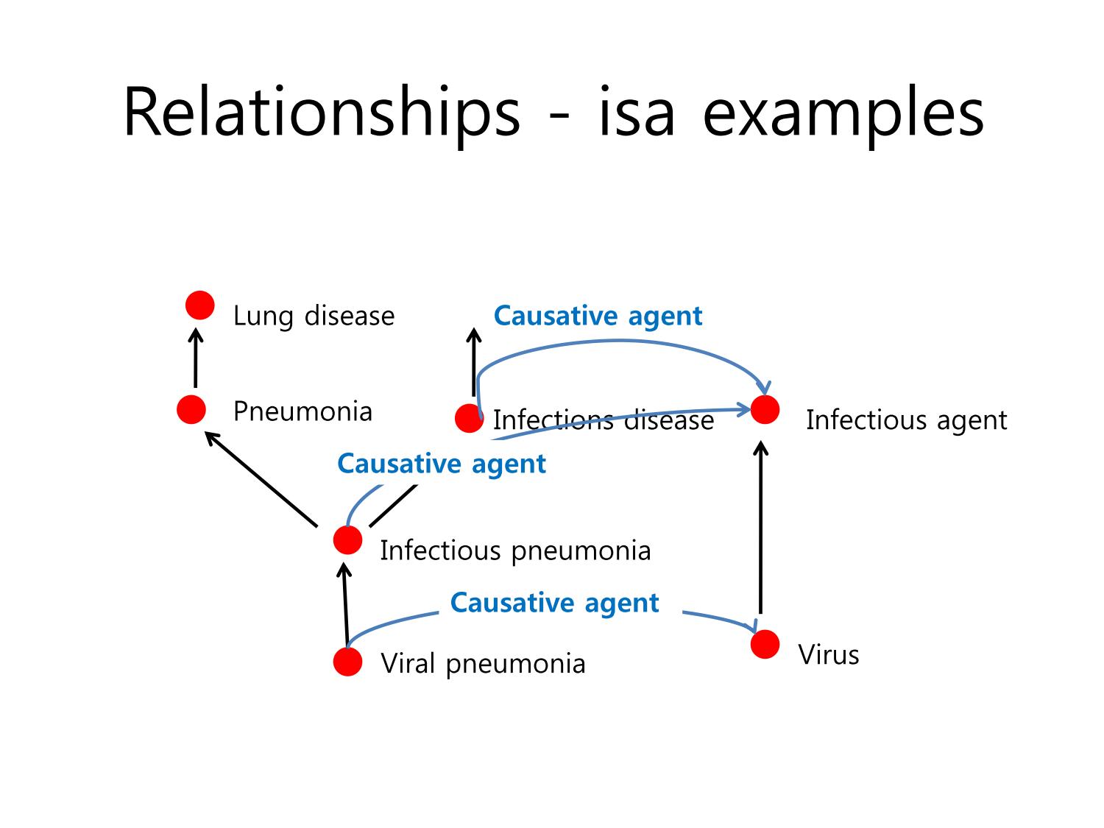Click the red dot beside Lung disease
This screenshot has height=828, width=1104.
point(199,305)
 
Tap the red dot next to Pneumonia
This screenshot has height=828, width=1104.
point(191,409)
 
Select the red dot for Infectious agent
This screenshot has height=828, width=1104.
point(765,409)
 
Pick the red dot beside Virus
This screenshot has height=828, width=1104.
point(765,644)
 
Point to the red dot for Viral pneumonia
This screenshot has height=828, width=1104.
point(347,662)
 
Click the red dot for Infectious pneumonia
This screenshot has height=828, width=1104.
point(347,540)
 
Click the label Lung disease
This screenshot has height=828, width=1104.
point(314,316)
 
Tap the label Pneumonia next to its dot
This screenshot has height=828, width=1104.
point(302,411)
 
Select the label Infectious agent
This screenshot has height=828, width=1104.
point(906,420)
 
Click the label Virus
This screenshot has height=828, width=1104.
point(829,654)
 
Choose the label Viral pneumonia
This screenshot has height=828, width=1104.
point(483,665)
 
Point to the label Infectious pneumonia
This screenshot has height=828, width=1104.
point(515,551)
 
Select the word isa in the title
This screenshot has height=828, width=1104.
point(636,112)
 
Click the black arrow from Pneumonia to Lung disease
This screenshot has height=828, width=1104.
point(196,358)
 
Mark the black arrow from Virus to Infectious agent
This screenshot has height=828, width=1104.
point(760,527)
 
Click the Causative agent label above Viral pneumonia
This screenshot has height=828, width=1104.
point(554,603)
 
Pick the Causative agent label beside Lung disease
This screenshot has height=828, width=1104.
point(598,316)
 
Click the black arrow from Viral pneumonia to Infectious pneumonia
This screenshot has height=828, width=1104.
point(345,605)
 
